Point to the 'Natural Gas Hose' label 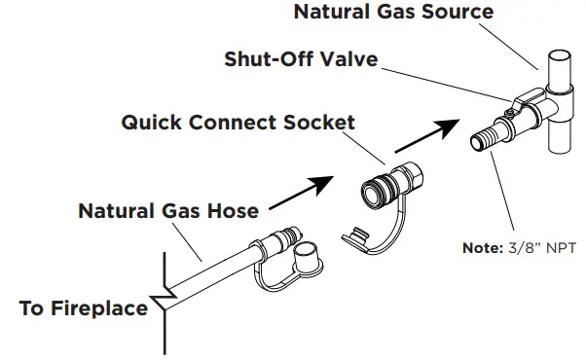click(168, 209)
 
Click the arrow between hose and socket click(299, 192)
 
